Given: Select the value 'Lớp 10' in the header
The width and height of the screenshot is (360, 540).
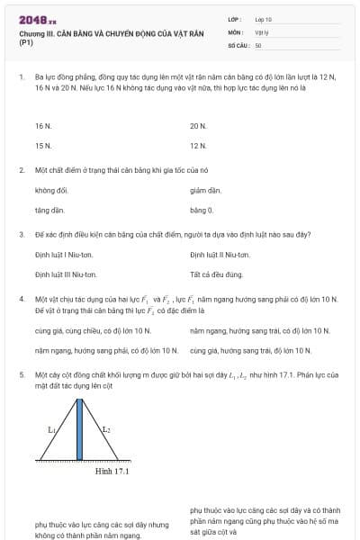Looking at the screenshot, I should click(x=264, y=19).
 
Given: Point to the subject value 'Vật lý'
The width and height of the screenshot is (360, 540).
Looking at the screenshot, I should click(x=262, y=31).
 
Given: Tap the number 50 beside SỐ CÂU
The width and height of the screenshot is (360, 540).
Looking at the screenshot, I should click(x=258, y=44).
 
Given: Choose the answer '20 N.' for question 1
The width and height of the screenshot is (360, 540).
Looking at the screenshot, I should click(x=198, y=127).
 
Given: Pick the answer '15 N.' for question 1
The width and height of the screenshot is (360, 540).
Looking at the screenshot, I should click(x=42, y=145).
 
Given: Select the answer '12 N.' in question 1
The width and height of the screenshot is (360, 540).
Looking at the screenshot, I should click(x=198, y=145).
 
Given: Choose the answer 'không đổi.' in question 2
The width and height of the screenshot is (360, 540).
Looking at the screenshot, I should click(x=51, y=191).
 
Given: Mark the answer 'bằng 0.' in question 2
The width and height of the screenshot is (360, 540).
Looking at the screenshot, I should click(x=202, y=210).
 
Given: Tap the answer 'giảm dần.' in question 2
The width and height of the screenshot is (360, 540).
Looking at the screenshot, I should click(x=205, y=191).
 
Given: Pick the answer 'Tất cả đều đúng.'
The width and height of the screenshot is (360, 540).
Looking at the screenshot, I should click(x=217, y=274).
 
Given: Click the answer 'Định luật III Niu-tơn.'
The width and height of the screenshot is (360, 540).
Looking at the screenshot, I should click(x=67, y=274).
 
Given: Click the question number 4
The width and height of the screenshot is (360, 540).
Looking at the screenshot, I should click(x=21, y=298).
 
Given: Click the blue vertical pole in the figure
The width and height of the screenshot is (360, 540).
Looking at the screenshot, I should click(x=80, y=428).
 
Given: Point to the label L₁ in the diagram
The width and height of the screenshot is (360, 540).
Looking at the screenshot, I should click(x=51, y=430).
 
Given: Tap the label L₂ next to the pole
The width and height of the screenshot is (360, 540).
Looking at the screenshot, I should click(x=105, y=430).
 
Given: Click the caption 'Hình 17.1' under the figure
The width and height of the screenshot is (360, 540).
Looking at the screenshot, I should click(x=112, y=471).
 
